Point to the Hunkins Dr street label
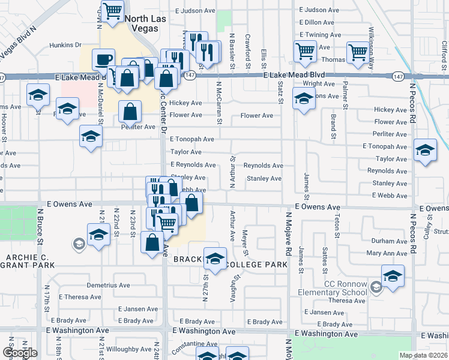click(65, 44)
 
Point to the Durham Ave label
click(390, 241)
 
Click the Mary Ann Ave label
click(387, 254)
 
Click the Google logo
click(19, 353)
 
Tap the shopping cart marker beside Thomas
click(358, 52)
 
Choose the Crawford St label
click(247, 47)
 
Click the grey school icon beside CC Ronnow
click(376, 287)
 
